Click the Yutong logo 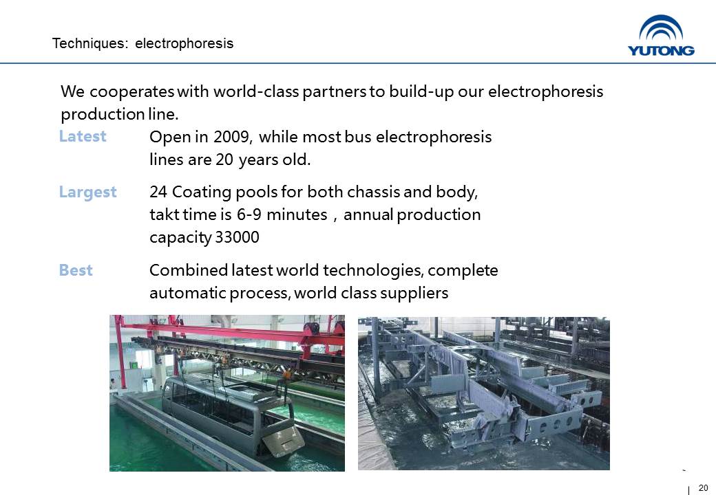pos(661,36)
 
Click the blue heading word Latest pos(83,136)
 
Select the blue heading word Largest pos(87,192)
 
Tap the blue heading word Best pos(76,269)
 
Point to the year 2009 pos(232,137)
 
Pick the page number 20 pos(703,487)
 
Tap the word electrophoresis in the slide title pos(184,43)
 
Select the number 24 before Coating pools pos(158,192)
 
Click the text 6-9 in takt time pos(249,214)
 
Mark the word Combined pos(189,269)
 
